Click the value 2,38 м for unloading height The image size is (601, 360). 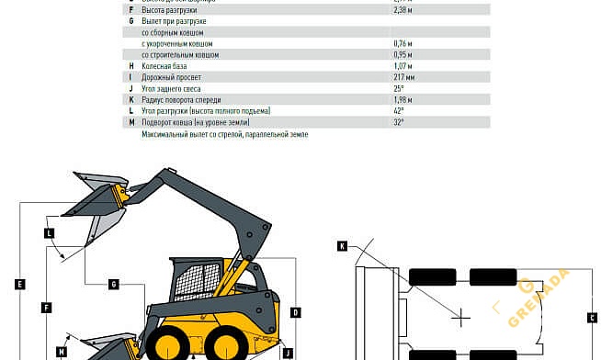403,9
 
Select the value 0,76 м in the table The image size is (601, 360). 403,43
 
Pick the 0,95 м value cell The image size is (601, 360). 403,54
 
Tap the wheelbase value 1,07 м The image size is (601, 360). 403,66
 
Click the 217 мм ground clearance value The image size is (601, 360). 403,77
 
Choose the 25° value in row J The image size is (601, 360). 399,88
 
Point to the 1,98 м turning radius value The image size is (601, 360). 403,99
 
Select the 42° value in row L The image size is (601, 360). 399,110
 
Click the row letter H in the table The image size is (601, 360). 131,66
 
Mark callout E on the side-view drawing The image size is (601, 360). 19,284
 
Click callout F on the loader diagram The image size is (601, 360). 45,307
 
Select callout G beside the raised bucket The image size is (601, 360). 114,284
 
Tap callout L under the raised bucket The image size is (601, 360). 49,233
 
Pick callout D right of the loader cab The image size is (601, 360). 295,312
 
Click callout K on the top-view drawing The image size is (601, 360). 341,246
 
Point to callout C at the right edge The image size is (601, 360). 593,318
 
